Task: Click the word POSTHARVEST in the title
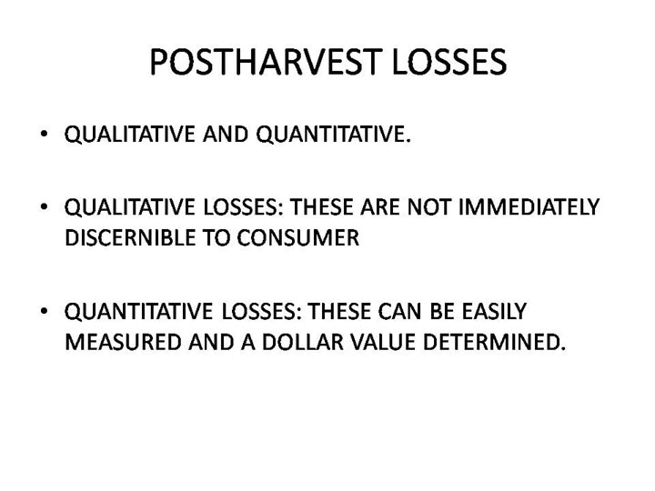coord(266,62)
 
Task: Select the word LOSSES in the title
coord(450,62)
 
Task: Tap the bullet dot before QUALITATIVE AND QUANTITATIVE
coord(44,134)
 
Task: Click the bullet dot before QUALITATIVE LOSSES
coord(44,206)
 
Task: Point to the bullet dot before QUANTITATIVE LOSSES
coord(44,311)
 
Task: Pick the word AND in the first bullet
coord(226,135)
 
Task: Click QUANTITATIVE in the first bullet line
coord(333,135)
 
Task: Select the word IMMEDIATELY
coord(529,206)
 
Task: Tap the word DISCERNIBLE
coord(130,237)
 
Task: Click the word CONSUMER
coord(298,237)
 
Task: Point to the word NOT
coord(428,206)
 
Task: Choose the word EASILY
coord(494,311)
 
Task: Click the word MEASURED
coord(123,342)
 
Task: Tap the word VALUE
coord(384,342)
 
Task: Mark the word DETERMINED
coord(495,342)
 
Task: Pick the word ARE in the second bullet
coord(380,206)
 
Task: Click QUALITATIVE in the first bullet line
coord(130,135)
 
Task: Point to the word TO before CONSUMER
coord(217,237)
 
